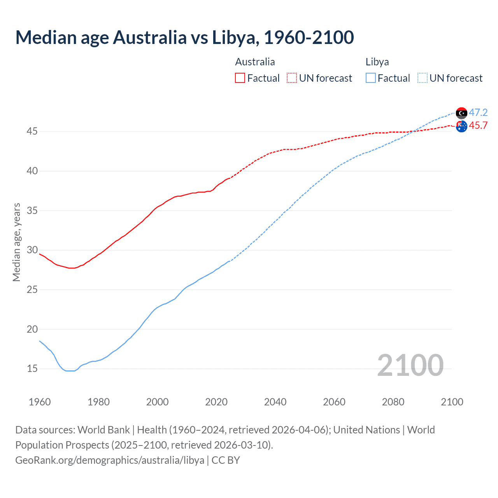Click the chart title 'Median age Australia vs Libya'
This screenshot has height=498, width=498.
pos(184,37)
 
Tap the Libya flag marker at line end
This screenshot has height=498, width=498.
pos(461,113)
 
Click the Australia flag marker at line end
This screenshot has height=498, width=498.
pos(461,126)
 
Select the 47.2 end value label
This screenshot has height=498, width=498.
pos(478,112)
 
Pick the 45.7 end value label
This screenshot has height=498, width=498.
pos(478,125)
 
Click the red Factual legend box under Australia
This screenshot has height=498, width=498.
pos(240,78)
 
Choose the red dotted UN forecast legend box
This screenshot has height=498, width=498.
pos(292,78)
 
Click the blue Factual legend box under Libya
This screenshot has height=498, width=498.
pos(371,78)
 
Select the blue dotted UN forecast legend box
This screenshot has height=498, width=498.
pos(423,78)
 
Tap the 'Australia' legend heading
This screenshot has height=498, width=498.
pos(255,62)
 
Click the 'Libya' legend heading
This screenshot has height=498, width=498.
pos(377,62)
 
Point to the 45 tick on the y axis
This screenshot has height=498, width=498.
pos(32,132)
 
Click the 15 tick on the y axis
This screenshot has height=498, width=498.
pos(32,368)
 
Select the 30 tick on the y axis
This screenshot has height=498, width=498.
pos(32,250)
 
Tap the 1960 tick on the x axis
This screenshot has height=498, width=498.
pos(40,402)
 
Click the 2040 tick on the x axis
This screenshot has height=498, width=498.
pos(275,402)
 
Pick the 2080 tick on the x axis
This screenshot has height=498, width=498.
pos(393,402)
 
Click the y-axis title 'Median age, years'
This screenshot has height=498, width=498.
pos(16,242)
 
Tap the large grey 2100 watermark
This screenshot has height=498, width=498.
pos(410,365)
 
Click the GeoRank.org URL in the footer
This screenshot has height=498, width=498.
pos(110,460)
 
